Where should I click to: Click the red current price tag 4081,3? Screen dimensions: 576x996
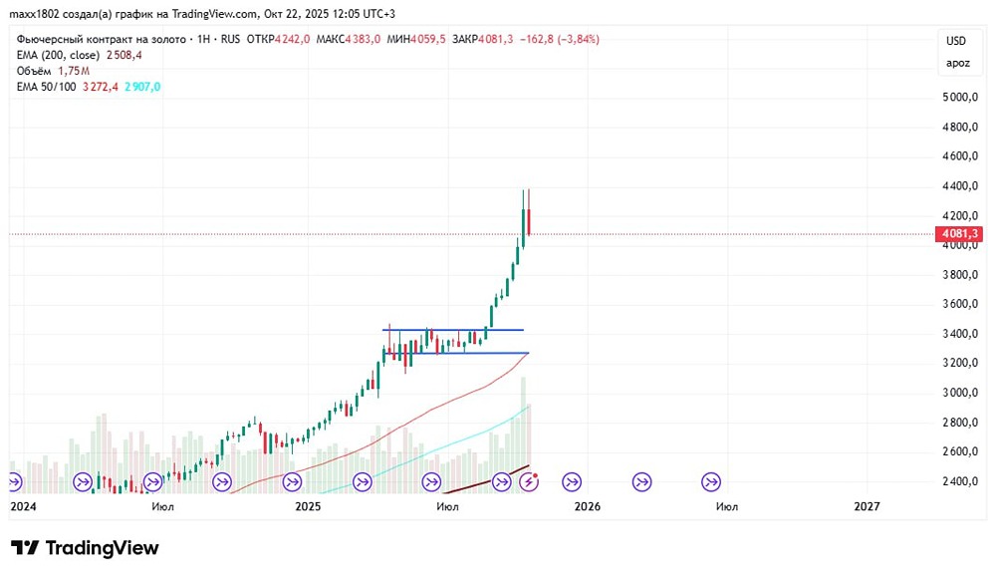tap(958, 234)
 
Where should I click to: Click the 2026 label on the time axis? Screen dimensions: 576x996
tap(588, 506)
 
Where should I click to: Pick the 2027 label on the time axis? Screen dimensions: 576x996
tap(868, 506)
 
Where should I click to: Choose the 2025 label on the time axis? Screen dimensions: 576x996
tap(308, 506)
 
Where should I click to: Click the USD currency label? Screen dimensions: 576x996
tap(956, 41)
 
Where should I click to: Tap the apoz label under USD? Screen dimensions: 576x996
tap(956, 64)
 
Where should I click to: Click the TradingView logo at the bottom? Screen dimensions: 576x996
tap(85, 548)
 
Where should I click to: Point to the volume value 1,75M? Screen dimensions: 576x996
tap(74, 71)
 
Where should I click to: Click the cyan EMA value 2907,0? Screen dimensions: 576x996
tap(142, 87)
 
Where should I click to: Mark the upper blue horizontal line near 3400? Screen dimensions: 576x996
tap(453, 330)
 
